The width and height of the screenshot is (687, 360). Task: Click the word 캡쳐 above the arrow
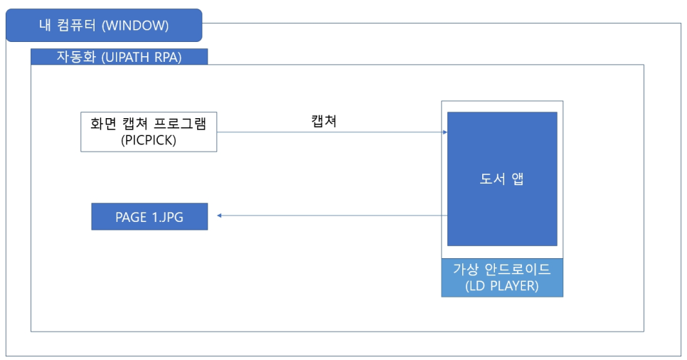[324, 121]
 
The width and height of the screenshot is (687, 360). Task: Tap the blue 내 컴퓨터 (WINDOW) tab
[104, 26]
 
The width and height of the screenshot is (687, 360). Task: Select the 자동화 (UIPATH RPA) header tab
[119, 57]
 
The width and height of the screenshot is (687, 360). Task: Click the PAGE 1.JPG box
[149, 217]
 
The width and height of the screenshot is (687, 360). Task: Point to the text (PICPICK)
[149, 140]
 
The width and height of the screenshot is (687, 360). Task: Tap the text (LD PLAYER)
[502, 286]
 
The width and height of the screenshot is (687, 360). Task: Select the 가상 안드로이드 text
[502, 270]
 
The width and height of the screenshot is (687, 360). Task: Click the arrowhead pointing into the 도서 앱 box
[444, 132]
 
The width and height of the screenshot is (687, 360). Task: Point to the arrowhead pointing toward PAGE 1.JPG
[220, 215]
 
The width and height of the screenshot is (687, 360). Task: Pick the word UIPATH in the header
[129, 57]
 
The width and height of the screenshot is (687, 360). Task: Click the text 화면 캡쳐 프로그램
[149, 123]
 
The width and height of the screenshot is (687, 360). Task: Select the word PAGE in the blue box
[130, 217]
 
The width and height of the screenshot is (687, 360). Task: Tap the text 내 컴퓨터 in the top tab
[69, 26]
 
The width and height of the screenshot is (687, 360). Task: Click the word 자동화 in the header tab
[74, 57]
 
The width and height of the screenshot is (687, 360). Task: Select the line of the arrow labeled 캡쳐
[327, 132]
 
